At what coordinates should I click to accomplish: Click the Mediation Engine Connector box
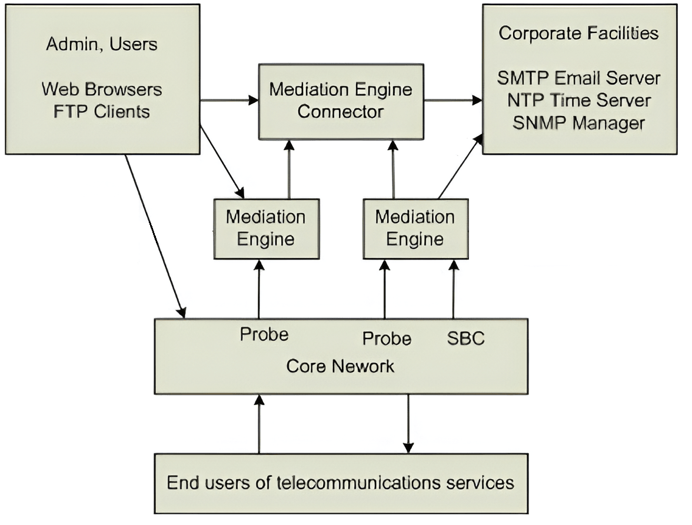[341, 101]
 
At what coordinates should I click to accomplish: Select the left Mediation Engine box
[266, 228]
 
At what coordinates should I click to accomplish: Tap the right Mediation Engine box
[415, 228]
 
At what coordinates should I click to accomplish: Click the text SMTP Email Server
[578, 78]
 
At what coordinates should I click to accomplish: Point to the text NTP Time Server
[578, 100]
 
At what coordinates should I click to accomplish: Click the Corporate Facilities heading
[578, 33]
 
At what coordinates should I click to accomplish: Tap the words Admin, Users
[102, 44]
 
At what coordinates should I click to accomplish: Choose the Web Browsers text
[102, 89]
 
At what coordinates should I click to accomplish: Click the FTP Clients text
[102, 111]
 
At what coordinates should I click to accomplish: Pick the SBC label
[465, 338]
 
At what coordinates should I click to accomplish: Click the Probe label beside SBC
[387, 338]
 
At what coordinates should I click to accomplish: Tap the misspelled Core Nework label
[340, 366]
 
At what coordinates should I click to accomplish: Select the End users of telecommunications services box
[341, 483]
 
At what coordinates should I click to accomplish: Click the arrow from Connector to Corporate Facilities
[453, 101]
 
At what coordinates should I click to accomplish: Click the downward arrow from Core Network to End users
[408, 424]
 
